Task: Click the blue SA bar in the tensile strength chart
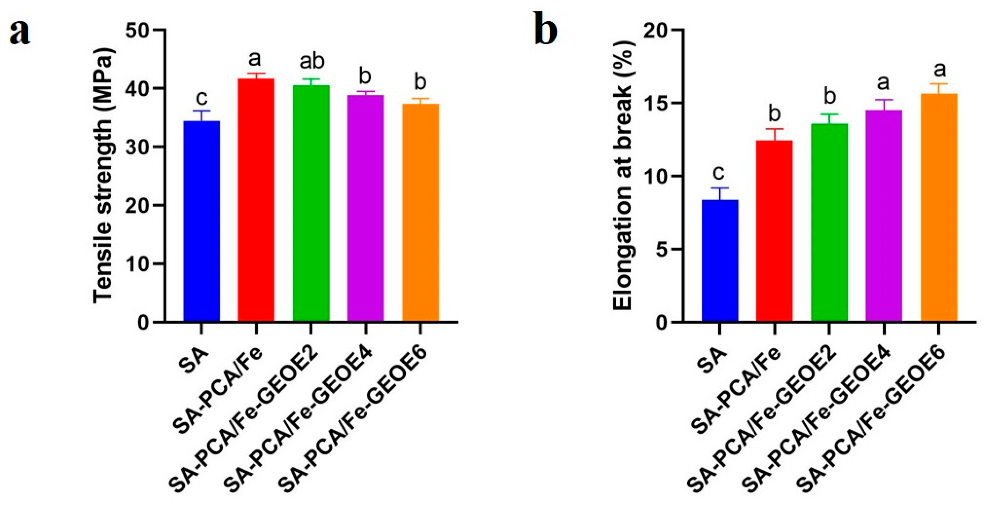tap(202, 222)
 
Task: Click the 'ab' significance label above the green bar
tap(312, 61)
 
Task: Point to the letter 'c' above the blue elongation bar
tap(719, 173)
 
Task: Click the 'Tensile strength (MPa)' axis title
tap(104, 176)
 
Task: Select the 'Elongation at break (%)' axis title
tap(623, 176)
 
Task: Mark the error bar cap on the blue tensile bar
tap(202, 111)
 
